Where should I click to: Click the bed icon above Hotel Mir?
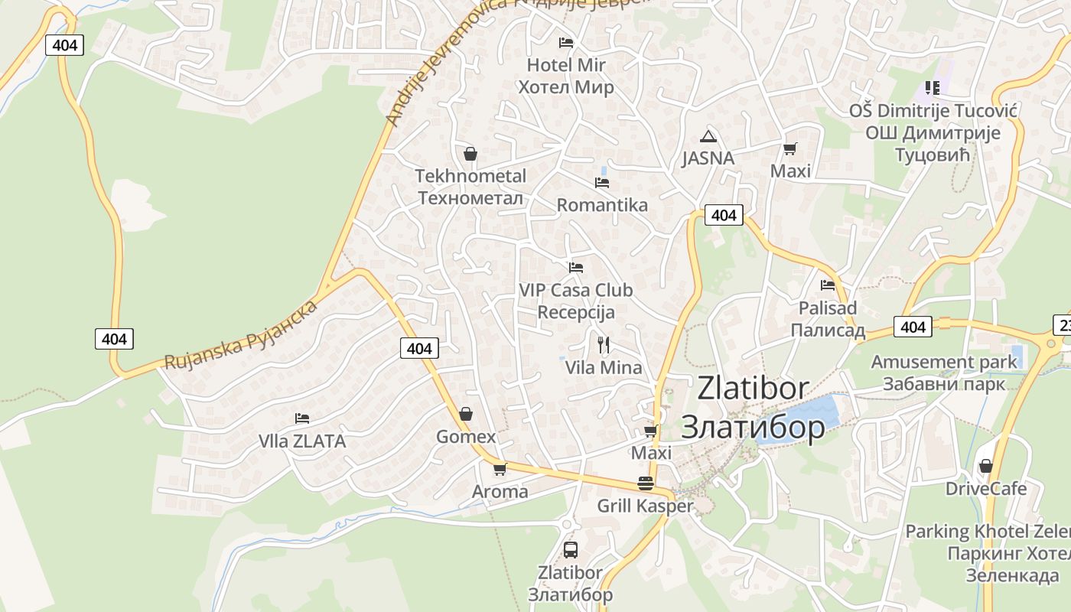click(x=566, y=42)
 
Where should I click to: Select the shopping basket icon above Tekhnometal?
click(x=470, y=154)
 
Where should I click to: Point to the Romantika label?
click(x=602, y=205)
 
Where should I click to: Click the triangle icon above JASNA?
click(x=708, y=137)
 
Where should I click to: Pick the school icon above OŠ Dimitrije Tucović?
click(x=932, y=88)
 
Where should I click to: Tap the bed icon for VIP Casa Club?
click(x=576, y=267)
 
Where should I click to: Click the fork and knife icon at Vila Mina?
click(x=604, y=345)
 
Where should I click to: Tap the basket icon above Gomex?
click(x=465, y=415)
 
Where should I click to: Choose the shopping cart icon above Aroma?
click(x=500, y=469)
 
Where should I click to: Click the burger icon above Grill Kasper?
click(x=646, y=483)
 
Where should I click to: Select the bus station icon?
click(x=570, y=549)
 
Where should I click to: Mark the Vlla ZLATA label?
click(x=302, y=441)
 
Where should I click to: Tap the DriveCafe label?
click(x=986, y=488)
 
